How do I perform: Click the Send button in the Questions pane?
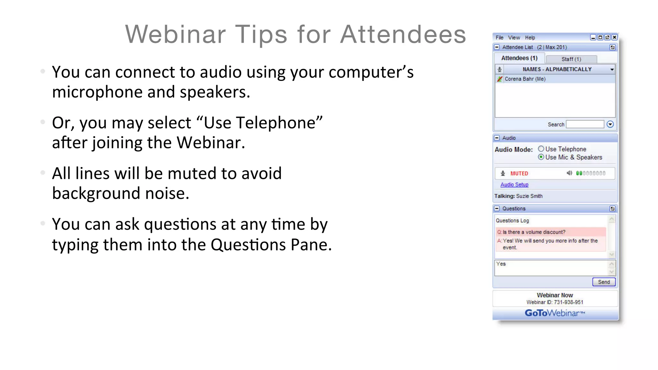tap(604, 282)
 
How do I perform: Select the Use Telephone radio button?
tap(541, 149)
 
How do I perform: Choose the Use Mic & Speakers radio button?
tap(541, 157)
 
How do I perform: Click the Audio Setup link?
tap(514, 185)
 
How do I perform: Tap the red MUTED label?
tap(519, 173)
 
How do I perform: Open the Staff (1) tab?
tap(571, 59)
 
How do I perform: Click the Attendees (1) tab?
tap(519, 58)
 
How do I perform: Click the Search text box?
tap(585, 124)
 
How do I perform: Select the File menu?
tap(499, 38)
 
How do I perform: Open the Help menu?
tap(530, 38)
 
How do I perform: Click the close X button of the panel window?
tap(614, 37)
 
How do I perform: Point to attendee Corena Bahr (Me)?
tap(525, 79)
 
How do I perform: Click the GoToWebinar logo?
tap(555, 313)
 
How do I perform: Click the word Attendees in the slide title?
tap(403, 34)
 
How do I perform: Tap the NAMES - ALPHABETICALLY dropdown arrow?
tap(612, 69)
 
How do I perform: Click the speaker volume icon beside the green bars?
tap(569, 173)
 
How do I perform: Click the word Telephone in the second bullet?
tap(259, 123)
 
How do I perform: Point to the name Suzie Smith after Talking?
tap(529, 196)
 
